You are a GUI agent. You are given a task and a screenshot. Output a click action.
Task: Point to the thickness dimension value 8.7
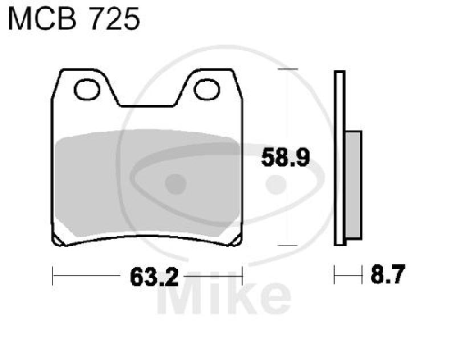[x=387, y=277]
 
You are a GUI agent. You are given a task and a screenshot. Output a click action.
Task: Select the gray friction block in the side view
[x=353, y=185]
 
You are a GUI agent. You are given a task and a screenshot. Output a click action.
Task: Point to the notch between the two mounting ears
[x=147, y=97]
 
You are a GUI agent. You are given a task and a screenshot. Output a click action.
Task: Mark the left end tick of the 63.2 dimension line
[x=52, y=278]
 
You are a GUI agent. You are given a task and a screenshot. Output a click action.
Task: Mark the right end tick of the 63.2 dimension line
[x=243, y=278]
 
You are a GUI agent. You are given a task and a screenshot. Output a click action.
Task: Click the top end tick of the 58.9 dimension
[x=287, y=69]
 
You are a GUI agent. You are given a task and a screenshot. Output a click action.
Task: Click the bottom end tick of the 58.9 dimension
[x=287, y=246]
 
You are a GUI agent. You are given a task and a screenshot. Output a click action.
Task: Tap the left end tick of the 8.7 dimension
[x=335, y=277]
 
